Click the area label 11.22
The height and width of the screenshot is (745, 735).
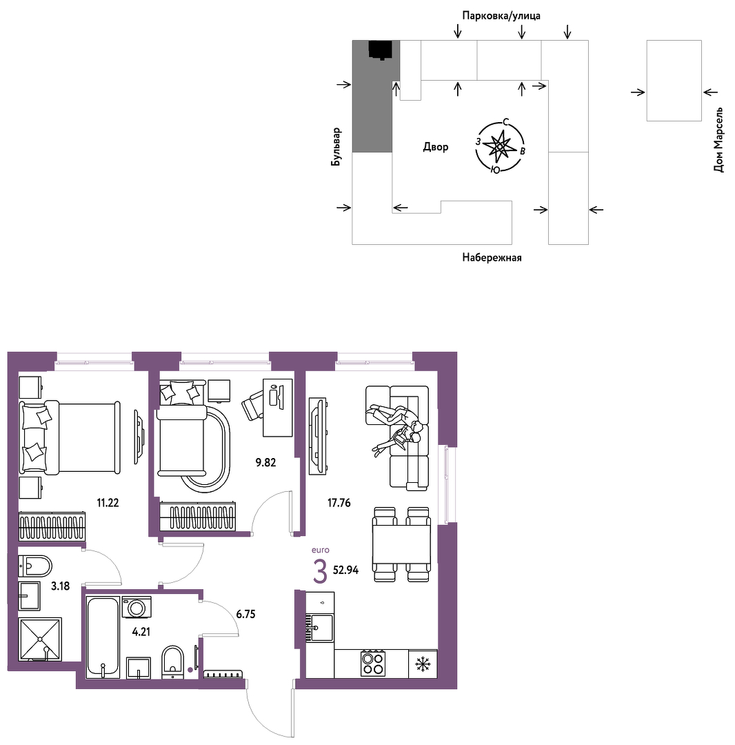point(108,503)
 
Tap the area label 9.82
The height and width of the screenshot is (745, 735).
point(265,462)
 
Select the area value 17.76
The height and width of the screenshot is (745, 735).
point(339,503)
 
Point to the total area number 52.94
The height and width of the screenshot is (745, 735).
point(345,570)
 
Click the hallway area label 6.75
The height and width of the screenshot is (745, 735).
point(245,615)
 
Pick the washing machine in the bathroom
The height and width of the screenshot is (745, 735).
point(137,607)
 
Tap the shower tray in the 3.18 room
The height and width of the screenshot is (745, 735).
point(40,639)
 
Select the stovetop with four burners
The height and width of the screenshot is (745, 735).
point(373,664)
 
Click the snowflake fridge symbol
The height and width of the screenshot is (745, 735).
point(423,664)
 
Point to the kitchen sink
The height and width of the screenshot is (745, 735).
point(319,627)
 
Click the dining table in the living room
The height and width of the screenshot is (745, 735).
point(401,544)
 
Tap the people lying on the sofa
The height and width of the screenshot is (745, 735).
point(395,426)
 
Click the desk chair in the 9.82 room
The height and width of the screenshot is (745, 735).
point(252,405)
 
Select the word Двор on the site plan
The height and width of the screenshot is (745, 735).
point(435,147)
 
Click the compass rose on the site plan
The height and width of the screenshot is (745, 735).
point(500,146)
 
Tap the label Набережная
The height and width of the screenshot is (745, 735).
point(492,257)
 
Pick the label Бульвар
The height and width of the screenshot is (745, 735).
point(336,147)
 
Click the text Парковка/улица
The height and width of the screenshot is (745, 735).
point(501,16)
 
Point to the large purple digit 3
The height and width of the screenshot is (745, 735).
point(321,572)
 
